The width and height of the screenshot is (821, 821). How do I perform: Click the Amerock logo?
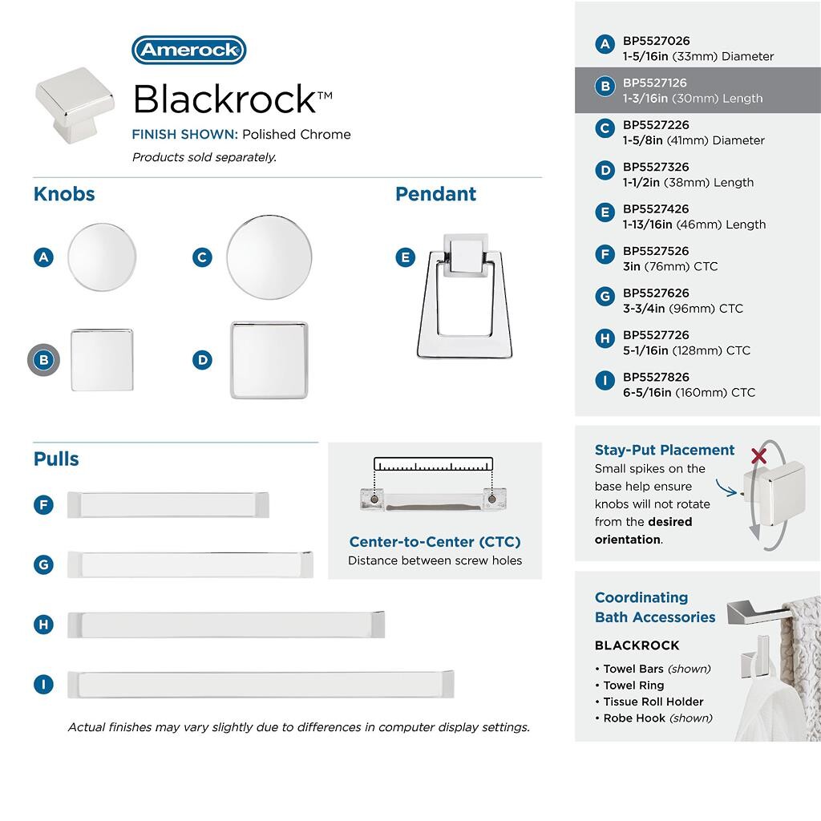[188, 50]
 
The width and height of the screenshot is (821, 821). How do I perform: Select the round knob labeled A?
[102, 257]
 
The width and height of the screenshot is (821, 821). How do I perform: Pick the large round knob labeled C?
[269, 257]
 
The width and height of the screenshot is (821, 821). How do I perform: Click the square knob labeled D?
[269, 360]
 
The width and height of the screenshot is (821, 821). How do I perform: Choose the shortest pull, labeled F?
[168, 504]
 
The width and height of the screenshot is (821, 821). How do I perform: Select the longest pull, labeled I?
[261, 684]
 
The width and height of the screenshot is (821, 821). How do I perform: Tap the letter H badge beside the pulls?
[43, 625]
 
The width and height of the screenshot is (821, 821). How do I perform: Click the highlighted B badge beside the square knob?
[43, 360]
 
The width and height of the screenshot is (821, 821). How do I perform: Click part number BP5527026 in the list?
[656, 41]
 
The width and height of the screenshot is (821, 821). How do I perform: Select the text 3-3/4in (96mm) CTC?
[682, 309]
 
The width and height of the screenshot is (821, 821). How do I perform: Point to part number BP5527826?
[656, 377]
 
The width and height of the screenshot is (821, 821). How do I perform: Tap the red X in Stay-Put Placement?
[758, 456]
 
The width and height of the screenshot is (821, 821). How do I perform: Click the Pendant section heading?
[435, 194]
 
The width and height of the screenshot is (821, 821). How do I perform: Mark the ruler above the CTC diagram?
[433, 465]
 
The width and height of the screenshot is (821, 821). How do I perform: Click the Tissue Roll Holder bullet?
[653, 702]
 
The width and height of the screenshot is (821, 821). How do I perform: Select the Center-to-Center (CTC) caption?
[435, 542]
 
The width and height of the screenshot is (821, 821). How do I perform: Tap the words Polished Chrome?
[297, 135]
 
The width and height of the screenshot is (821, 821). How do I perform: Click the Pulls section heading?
[56, 459]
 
